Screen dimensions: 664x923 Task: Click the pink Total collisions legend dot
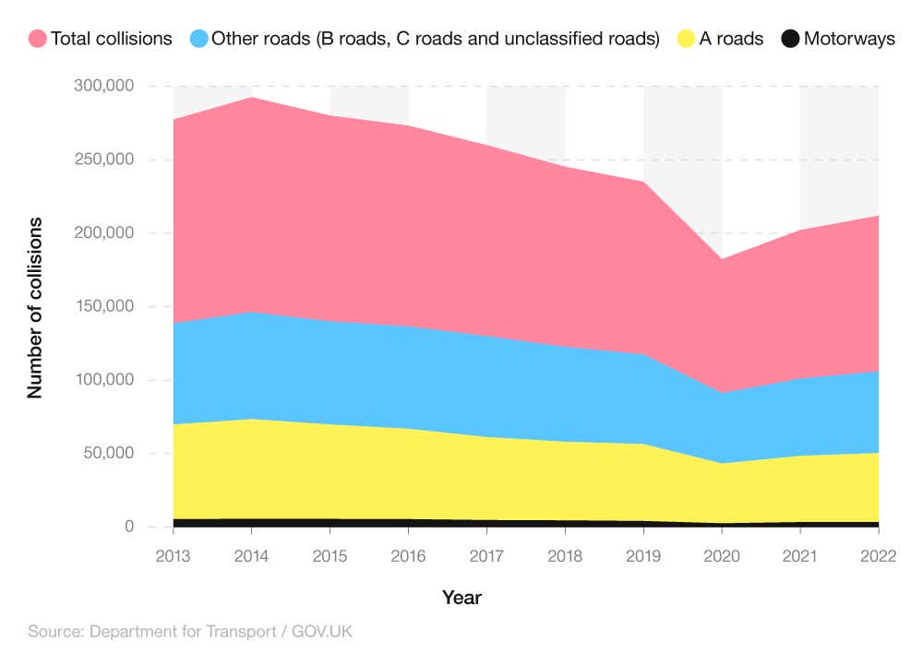point(38,39)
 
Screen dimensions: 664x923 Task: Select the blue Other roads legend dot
point(198,39)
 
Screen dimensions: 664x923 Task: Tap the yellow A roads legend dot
point(686,39)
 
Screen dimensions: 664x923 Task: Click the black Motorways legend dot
point(790,39)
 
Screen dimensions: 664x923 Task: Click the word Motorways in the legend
point(848,39)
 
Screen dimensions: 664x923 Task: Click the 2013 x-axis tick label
point(174,558)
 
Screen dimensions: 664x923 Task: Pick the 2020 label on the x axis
point(722,558)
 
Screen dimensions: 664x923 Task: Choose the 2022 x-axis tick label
point(878,558)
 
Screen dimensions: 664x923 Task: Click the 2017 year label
point(486,558)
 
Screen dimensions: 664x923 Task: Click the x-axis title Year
point(461,598)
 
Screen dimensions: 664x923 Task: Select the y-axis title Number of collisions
point(35,308)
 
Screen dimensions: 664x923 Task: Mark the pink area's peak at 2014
point(252,97)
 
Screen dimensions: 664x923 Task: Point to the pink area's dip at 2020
point(722,258)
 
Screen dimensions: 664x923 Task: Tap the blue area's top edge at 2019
point(643,354)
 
